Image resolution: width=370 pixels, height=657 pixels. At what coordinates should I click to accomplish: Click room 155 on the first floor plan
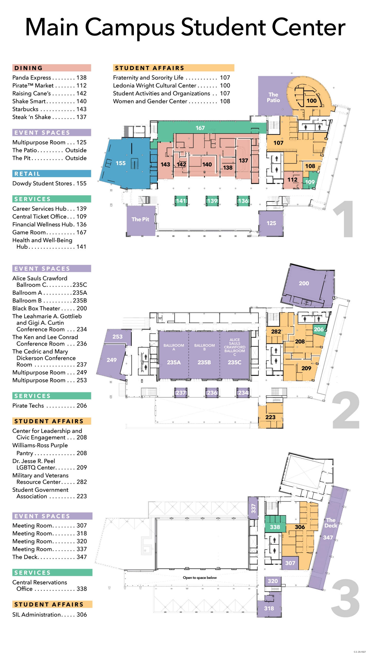(121, 163)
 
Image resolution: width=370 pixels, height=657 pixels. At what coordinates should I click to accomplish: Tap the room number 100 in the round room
(311, 101)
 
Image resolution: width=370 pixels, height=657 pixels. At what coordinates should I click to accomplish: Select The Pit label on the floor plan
(140, 219)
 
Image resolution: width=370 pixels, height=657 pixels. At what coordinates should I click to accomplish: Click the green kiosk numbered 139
(212, 201)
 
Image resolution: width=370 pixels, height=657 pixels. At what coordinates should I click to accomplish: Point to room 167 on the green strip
(200, 128)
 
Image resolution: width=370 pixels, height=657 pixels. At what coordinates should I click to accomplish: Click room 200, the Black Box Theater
(304, 283)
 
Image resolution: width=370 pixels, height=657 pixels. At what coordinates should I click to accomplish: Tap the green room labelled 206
(319, 329)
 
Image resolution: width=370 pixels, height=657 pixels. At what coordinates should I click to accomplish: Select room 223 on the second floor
(270, 417)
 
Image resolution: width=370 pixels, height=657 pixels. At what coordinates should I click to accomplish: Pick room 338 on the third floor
(275, 527)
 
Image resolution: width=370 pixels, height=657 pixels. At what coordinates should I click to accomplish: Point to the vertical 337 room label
(253, 508)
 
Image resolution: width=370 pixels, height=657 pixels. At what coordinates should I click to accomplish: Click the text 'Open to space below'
(200, 578)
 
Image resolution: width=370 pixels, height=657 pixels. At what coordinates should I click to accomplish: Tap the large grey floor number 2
(345, 411)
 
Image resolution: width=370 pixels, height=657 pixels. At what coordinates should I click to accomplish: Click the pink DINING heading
(51, 68)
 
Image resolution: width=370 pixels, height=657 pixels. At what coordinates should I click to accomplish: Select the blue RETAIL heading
(51, 174)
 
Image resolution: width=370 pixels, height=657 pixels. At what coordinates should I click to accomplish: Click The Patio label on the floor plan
(273, 98)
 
